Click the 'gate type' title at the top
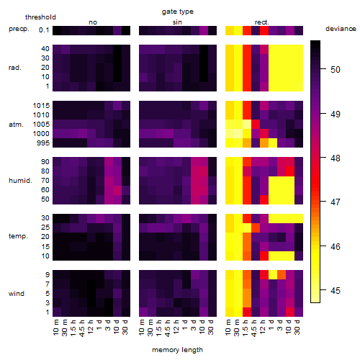pos(178,12)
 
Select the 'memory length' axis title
pos(177,350)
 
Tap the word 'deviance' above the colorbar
pos(341,29)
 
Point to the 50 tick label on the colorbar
pos(336,70)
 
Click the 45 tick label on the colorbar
pos(336,291)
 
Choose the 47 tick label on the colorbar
pos(336,202)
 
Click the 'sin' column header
pos(177,22)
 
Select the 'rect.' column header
pos(261,22)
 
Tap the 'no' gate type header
pos(93,22)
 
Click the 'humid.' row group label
pos(20,181)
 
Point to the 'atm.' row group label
pos(16,125)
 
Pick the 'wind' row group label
pos(17,294)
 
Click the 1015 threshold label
pos(41,106)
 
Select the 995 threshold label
pos(43,143)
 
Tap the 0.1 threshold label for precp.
pos(44,30)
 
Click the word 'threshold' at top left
pos(40,17)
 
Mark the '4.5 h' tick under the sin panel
pos(168,328)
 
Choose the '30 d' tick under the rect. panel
pos(297,327)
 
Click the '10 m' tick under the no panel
pos(55,328)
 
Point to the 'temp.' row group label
pos(18,236)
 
